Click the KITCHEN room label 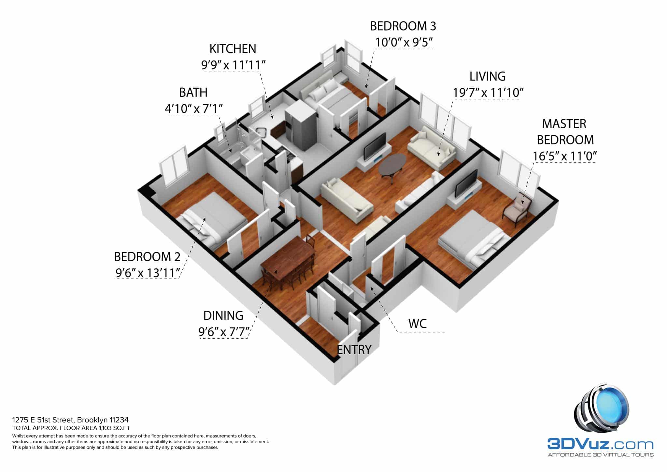point(233,49)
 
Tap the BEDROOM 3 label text point(403,26)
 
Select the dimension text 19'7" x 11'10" point(488,93)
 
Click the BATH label point(193,93)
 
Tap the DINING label point(223,316)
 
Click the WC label point(418,324)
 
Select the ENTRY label point(354,349)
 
